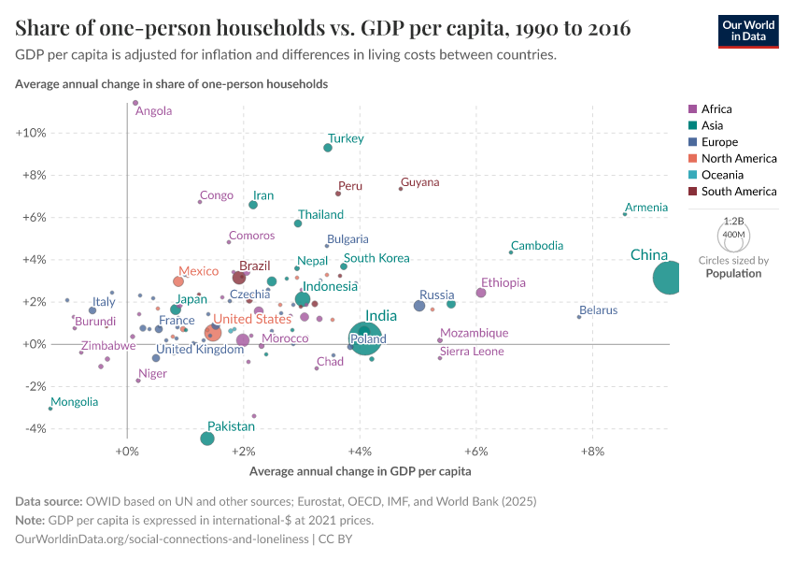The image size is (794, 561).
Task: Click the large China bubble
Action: [x=669, y=278]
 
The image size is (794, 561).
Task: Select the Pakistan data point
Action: [x=207, y=439]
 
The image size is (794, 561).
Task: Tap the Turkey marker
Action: [x=328, y=148]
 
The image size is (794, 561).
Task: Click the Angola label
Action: [x=154, y=111]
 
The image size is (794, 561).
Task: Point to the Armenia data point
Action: [x=625, y=215]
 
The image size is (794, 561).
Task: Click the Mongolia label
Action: [x=74, y=402]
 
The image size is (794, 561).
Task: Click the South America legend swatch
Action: [x=691, y=192]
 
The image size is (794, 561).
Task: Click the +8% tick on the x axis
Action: [x=592, y=452]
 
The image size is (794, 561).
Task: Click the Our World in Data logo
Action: [x=748, y=30]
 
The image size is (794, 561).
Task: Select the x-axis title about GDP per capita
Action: [x=360, y=471]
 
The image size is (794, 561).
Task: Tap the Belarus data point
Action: [x=579, y=317]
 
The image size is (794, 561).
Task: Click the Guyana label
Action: [x=419, y=182]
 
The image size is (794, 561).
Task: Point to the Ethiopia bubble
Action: [x=481, y=293]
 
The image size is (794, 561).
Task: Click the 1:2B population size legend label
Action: [x=733, y=222]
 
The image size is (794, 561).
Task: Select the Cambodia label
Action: [x=537, y=246]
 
